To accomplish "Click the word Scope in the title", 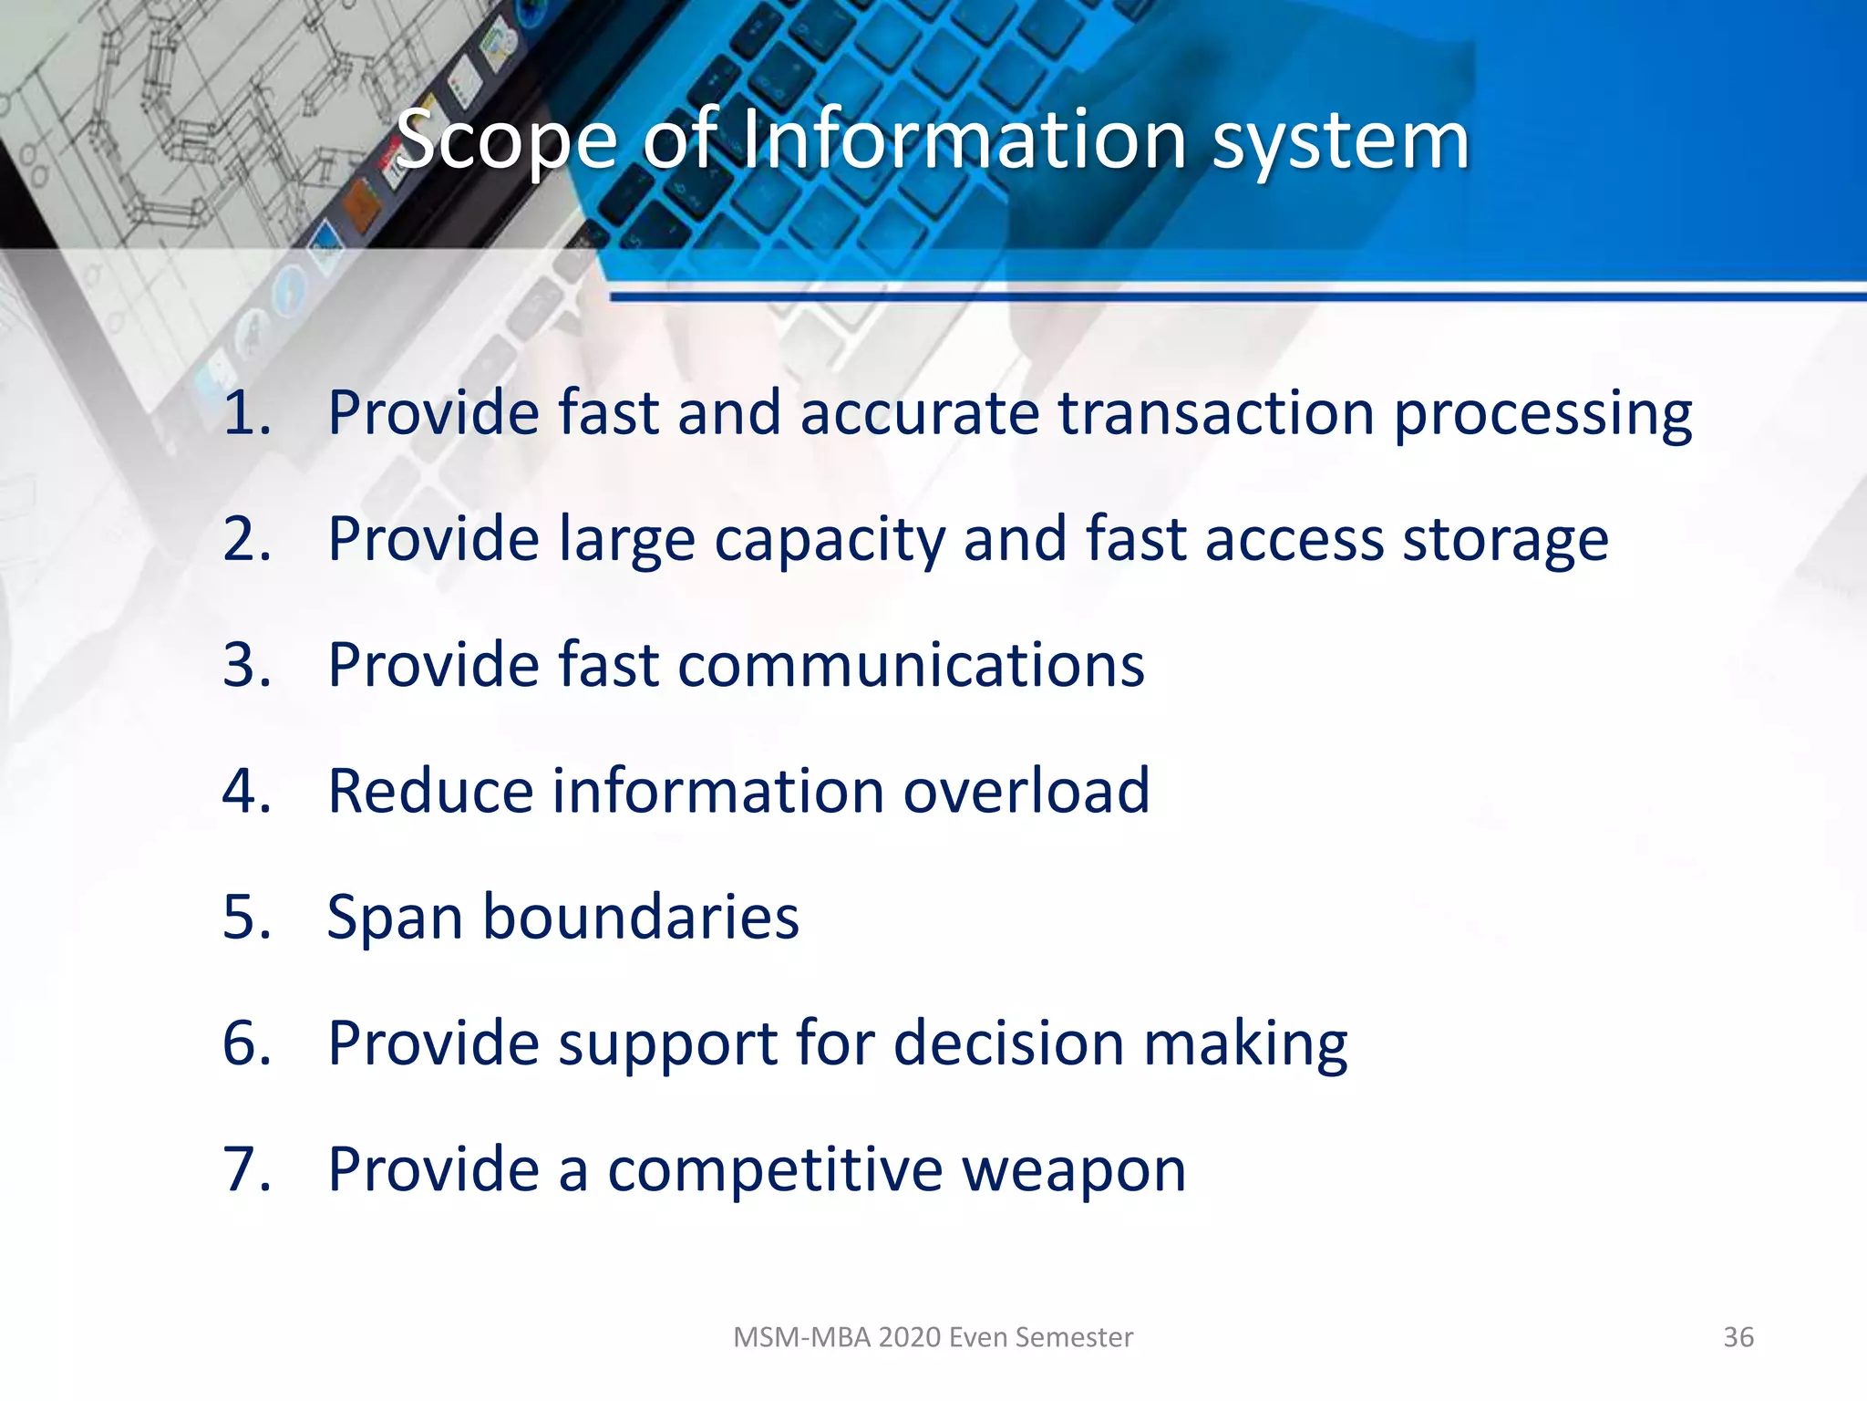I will (x=507, y=141).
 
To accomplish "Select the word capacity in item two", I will (x=830, y=541).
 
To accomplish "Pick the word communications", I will (x=911, y=665).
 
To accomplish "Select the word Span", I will (x=394, y=918).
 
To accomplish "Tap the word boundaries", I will (x=640, y=917).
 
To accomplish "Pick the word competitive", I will (x=775, y=1170).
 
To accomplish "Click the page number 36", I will (x=1738, y=1337).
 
